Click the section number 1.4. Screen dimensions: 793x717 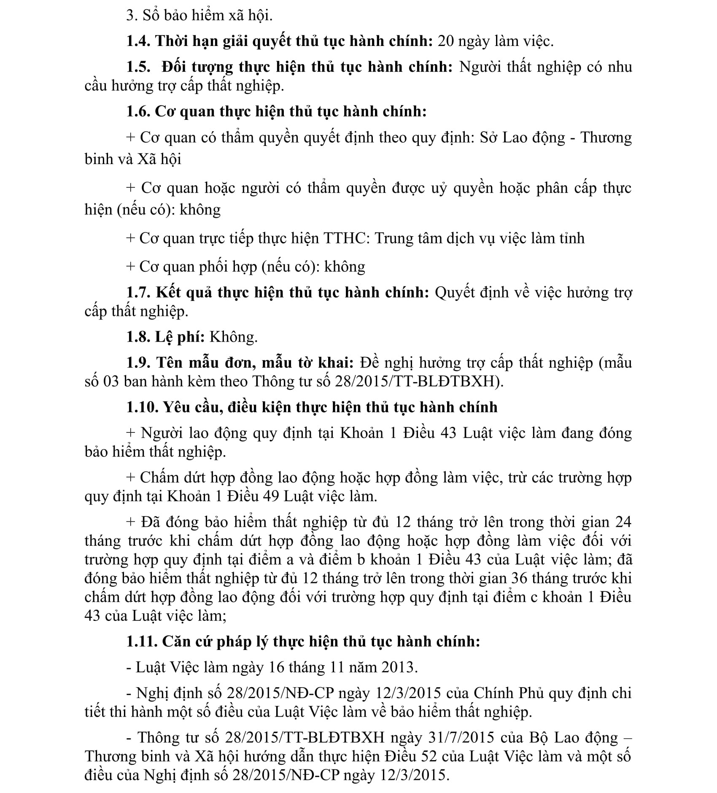click(x=139, y=41)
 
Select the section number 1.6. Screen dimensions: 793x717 click(x=139, y=111)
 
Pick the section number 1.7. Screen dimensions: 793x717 click(x=139, y=292)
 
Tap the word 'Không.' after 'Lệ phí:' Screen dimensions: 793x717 click(x=234, y=337)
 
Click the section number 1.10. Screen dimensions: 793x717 click(x=142, y=407)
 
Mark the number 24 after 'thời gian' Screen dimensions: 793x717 click(x=623, y=522)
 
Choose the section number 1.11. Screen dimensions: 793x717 click(x=142, y=642)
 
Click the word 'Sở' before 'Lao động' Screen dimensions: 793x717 click(x=488, y=138)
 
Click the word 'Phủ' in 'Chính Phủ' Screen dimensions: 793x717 click(x=533, y=693)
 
